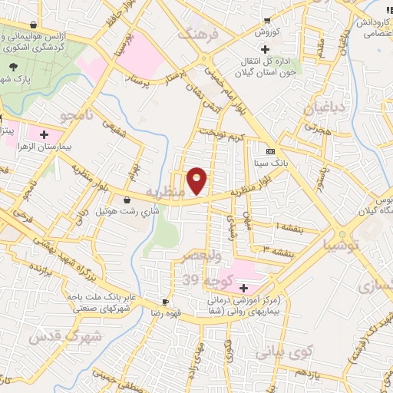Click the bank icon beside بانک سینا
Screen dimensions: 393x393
(x=269, y=151)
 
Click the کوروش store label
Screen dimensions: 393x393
(x=266, y=32)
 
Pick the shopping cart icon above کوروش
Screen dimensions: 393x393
(x=266, y=20)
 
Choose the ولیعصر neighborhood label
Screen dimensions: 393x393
(x=199, y=255)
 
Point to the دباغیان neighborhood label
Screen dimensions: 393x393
(x=321, y=109)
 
